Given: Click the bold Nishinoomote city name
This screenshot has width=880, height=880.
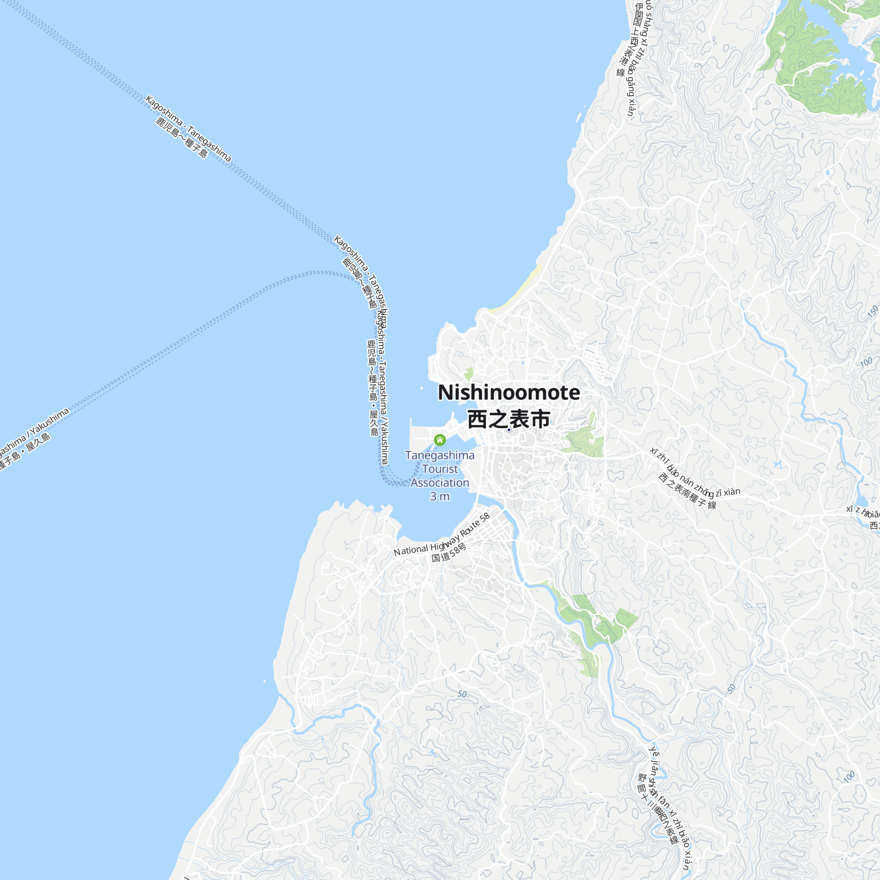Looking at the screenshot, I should pos(509,392).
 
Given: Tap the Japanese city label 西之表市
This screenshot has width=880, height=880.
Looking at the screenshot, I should pos(509,419).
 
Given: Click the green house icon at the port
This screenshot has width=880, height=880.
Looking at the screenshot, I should pos(440,440).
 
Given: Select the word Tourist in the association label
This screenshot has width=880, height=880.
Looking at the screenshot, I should pos(440,469).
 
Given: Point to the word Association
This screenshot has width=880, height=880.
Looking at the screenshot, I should pos(440,482).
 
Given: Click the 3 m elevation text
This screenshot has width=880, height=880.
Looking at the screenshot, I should pos(440,496).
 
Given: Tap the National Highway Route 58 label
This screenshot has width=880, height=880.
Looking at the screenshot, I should pos(441,535).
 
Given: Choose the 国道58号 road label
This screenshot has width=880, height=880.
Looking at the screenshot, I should pos(449,552).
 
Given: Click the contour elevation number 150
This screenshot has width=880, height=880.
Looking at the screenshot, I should pos(872,312).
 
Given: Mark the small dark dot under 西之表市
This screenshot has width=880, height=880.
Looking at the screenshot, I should pos(509,429).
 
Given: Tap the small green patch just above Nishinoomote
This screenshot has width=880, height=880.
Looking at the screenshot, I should pos(469,374).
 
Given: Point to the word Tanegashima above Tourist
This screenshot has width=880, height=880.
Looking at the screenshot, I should pos(440,455).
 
